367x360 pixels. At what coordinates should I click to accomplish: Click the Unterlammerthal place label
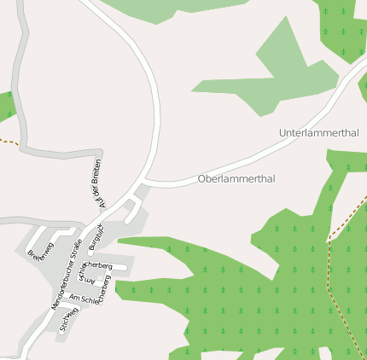point(318,133)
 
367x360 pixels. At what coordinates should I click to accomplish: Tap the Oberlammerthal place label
point(236,179)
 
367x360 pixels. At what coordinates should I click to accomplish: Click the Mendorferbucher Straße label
point(67,273)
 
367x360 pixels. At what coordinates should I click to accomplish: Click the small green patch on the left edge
point(6,105)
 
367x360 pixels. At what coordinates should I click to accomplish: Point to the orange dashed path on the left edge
point(8,140)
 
